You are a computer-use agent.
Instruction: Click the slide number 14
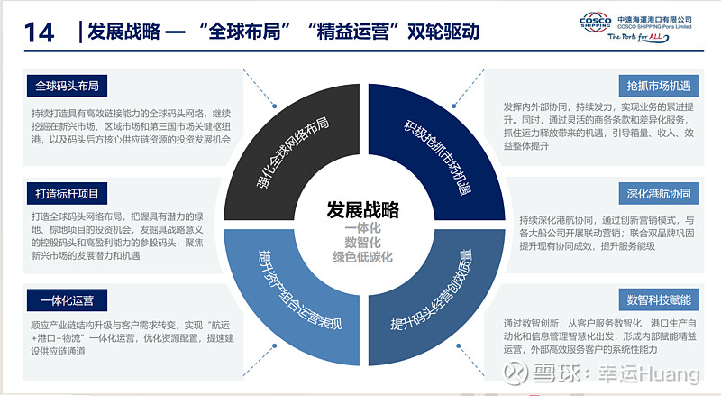coord(39,32)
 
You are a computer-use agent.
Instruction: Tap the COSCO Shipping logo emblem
coord(595,23)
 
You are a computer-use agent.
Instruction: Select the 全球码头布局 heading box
coord(67,86)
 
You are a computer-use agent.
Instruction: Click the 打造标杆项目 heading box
coord(67,193)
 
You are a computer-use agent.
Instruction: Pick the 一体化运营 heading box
coord(67,300)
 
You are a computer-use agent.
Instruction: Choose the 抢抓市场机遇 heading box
coord(659,86)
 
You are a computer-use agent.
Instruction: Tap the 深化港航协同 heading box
coord(659,193)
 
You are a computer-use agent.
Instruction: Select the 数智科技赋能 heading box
coord(659,300)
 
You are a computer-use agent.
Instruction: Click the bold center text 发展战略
coord(363,210)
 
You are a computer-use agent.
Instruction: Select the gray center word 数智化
coord(363,243)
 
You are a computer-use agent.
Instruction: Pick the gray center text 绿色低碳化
coord(363,257)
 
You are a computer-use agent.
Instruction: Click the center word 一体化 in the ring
coord(363,228)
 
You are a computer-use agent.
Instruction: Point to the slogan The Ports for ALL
coord(638,37)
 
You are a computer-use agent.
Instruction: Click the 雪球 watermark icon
coord(515,373)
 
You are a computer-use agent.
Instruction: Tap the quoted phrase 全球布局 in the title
coord(244,32)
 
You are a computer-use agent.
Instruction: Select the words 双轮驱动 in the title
coord(443,32)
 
